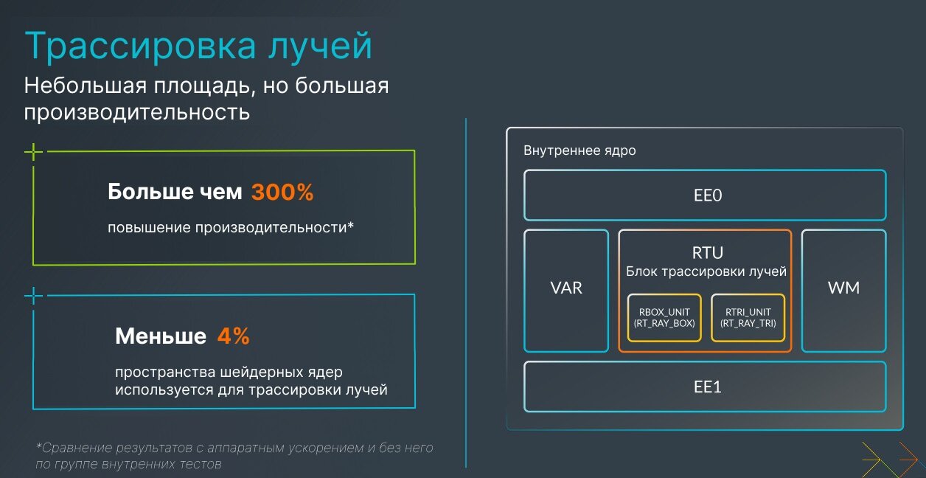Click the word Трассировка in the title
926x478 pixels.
pyautogui.click(x=140, y=46)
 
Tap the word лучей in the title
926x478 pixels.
pyautogui.click(x=321, y=46)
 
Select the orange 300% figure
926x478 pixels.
pyautogui.click(x=282, y=192)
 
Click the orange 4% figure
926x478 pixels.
pyautogui.click(x=234, y=336)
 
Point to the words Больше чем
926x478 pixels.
pyautogui.click(x=175, y=192)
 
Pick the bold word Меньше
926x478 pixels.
pyautogui.click(x=161, y=336)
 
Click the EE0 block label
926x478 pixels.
pyautogui.click(x=707, y=195)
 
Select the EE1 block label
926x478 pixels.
pyautogui.click(x=707, y=387)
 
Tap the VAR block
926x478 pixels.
pyautogui.click(x=566, y=291)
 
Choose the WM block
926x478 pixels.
pyautogui.click(x=843, y=291)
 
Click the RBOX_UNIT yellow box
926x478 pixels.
pyautogui.click(x=664, y=318)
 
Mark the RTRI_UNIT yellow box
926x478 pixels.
pyautogui.click(x=748, y=318)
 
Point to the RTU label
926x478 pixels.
pyautogui.click(x=707, y=252)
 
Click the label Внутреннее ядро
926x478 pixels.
pyautogui.click(x=579, y=150)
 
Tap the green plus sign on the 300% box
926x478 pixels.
pyautogui.click(x=33, y=152)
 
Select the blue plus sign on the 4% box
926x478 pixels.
pyautogui.click(x=33, y=296)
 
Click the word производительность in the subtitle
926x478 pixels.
pyautogui.click(x=137, y=112)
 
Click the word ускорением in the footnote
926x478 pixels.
pyautogui.click(x=325, y=448)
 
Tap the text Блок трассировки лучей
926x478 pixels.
pyautogui.click(x=706, y=271)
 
